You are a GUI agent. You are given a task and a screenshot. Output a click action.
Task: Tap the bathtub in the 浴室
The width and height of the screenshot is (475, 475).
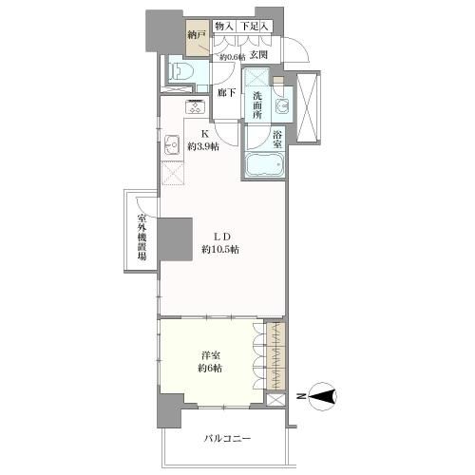pos(265,164)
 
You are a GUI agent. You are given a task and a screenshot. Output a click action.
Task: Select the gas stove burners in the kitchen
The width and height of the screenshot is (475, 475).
pos(196,106)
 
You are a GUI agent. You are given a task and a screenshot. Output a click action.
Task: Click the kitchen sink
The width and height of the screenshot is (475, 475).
pos(172,144)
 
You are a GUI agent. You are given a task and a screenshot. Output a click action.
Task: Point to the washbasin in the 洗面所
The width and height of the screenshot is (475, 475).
pos(282,105)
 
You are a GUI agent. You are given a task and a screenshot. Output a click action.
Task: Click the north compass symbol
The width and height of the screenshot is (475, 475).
pos(322,396)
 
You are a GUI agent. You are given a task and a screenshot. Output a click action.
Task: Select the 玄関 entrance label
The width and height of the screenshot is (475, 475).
pos(258,55)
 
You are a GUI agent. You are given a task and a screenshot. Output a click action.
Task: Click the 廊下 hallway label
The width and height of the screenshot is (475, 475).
pos(226,93)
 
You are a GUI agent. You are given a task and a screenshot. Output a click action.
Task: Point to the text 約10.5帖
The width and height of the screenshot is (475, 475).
pos(220,250)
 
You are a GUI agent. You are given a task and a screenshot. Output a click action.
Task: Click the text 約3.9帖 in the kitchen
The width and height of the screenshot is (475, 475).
pos(203,146)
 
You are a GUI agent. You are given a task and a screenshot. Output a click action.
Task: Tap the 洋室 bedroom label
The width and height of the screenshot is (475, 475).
pos(211,356)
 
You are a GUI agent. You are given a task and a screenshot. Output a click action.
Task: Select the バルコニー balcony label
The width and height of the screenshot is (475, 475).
pos(227,439)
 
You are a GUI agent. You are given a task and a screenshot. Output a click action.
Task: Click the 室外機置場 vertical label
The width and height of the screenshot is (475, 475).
pos(142,237)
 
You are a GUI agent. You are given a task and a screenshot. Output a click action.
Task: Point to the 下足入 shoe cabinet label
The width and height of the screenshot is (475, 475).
pos(254,27)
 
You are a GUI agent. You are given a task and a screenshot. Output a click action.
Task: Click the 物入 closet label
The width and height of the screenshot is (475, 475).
pos(224,27)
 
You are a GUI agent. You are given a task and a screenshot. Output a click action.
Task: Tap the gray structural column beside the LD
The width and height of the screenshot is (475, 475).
pos(175,239)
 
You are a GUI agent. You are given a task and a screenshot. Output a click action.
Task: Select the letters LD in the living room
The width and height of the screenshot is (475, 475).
pos(220,237)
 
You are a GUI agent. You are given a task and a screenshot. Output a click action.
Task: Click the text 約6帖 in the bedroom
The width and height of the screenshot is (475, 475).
pos(210,369)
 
